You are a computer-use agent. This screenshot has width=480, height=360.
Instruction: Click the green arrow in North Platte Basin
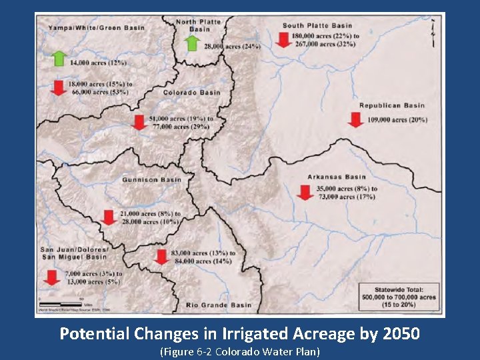pyautogui.click(x=192, y=43)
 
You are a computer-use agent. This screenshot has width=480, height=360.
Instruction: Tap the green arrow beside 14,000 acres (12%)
pyautogui.click(x=59, y=58)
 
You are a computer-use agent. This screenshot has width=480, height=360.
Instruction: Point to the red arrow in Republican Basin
pyautogui.click(x=355, y=119)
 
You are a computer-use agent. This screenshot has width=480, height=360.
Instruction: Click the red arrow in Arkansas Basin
pyautogui.click(x=305, y=193)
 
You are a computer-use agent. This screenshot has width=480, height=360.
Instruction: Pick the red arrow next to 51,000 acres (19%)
pyautogui.click(x=139, y=122)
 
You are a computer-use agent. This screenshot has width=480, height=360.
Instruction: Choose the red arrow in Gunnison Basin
pyautogui.click(x=109, y=217)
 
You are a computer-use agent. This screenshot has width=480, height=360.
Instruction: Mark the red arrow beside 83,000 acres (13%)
pyautogui.click(x=161, y=257)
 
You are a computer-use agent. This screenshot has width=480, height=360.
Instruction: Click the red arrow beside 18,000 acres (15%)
pyautogui.click(x=59, y=88)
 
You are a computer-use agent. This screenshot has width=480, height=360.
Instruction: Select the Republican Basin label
pyautogui.click(x=391, y=105)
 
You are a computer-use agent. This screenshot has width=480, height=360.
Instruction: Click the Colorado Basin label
pyautogui.click(x=192, y=93)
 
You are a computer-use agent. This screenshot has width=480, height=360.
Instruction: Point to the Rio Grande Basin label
pyautogui.click(x=219, y=305)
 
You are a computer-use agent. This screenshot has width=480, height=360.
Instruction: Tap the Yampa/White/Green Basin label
pyautogui.click(x=96, y=28)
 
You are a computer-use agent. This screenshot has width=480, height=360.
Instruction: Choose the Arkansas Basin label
pyautogui.click(x=337, y=177)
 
